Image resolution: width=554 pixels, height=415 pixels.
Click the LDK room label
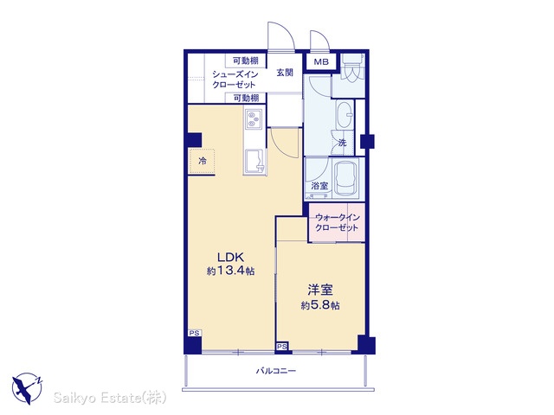tap(230, 257)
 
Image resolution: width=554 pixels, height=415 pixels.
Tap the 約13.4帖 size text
tap(230, 271)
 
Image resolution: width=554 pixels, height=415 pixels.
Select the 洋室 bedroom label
tap(320, 290)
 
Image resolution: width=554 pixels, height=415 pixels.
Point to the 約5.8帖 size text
tap(320, 305)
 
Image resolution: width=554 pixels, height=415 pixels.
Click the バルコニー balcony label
tap(275, 371)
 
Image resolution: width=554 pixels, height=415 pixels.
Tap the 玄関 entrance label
tap(285, 73)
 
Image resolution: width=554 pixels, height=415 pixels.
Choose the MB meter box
tap(321, 62)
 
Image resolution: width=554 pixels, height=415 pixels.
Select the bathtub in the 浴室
tap(346, 179)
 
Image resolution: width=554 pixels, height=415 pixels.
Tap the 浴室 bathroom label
tap(319, 185)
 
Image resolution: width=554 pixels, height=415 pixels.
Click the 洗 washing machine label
tap(342, 143)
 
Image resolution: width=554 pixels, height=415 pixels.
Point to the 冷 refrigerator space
tap(202, 162)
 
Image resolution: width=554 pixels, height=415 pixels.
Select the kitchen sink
tap(254, 162)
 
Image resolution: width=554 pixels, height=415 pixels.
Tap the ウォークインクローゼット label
tap(337, 222)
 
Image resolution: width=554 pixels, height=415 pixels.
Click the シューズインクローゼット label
tap(235, 80)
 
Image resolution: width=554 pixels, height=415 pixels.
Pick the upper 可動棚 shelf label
tap(246, 61)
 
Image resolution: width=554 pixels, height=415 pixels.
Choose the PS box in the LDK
tap(194, 333)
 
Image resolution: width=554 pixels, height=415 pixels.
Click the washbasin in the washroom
tap(345, 114)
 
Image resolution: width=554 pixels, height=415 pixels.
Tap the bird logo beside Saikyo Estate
tap(27, 388)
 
